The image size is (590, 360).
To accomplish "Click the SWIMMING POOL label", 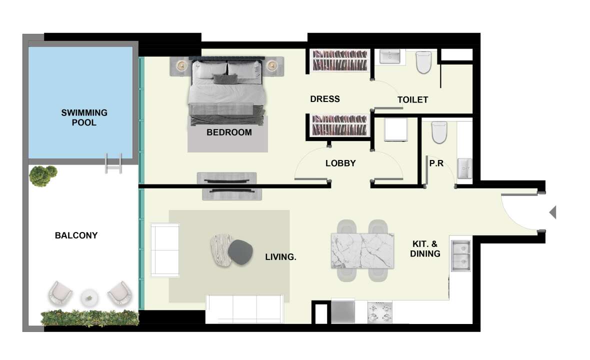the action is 84,117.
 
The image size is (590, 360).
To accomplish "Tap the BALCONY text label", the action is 76,235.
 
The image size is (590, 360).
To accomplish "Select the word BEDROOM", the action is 229,132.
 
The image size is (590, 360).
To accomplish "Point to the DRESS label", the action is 325,99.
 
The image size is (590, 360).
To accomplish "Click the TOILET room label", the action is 413,99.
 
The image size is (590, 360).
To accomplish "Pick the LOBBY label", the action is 340,163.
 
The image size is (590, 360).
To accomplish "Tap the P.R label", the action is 436,163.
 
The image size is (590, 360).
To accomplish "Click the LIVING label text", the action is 280,257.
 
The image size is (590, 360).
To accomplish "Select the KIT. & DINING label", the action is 425,249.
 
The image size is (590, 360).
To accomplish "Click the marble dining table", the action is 362,250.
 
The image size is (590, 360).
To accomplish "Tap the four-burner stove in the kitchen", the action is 379,312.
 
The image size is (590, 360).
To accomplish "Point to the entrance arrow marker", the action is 552,212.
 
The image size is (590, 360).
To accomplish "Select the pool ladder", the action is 113,163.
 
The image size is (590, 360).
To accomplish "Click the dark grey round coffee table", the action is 240,252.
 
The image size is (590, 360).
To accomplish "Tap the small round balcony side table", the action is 89,298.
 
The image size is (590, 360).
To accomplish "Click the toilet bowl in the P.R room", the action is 438,132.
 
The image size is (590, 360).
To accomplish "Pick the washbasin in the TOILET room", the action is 390,57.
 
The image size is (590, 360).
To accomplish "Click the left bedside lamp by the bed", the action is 181,66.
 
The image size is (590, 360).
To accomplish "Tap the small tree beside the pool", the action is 43,175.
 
